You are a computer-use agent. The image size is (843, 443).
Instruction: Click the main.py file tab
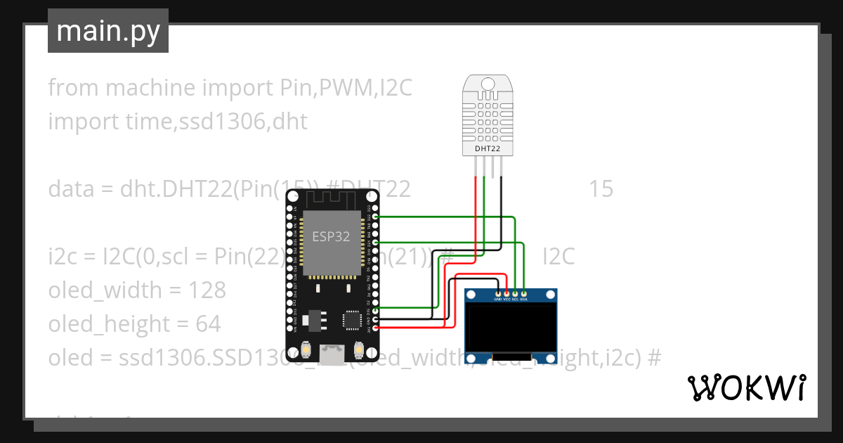tap(107, 31)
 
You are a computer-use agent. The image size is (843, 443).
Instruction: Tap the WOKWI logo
tap(746, 387)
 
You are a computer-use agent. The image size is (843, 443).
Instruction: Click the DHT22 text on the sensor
tap(487, 148)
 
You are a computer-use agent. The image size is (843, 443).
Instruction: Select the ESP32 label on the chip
tap(331, 236)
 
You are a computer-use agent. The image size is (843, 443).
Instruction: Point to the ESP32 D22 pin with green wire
tap(376, 217)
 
